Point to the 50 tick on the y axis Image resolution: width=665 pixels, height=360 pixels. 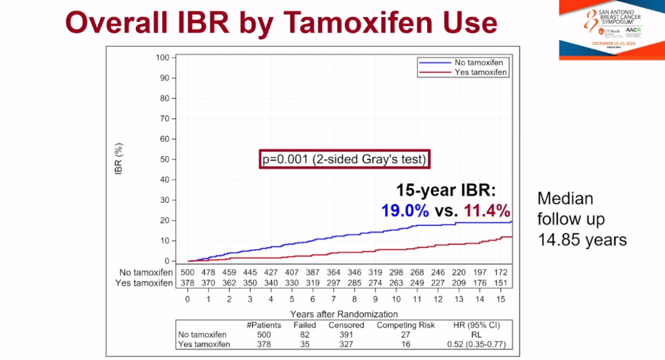(x=164, y=159)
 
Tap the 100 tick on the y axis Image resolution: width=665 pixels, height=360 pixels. (x=162, y=58)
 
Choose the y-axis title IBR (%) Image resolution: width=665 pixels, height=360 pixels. (x=121, y=159)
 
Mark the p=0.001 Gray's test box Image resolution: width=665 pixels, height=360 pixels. (x=344, y=159)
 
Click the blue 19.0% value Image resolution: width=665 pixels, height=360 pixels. (x=405, y=211)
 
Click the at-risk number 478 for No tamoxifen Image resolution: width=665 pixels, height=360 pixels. (x=208, y=272)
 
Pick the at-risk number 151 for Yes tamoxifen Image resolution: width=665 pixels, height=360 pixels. (x=501, y=282)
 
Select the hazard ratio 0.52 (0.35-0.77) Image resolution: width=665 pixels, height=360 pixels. (x=474, y=344)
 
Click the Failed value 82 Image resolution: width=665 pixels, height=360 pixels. (x=305, y=335)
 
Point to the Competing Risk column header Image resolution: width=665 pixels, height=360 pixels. (x=406, y=325)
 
